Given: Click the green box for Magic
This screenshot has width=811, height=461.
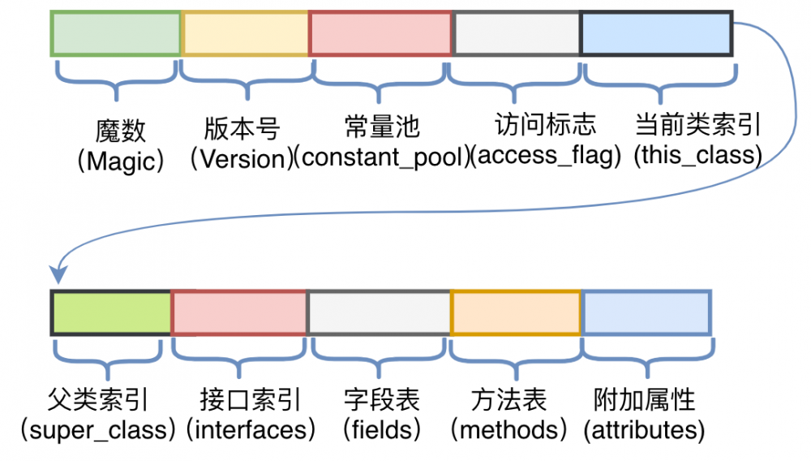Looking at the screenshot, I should pyautogui.click(x=115, y=34).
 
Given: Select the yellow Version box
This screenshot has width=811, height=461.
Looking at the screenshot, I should pyautogui.click(x=245, y=34).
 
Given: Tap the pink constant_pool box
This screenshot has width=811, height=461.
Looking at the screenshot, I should pyautogui.click(x=380, y=34).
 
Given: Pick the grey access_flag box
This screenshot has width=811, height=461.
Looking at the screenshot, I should pyautogui.click(x=516, y=34).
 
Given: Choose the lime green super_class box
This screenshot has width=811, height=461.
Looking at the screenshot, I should pyautogui.click(x=111, y=312).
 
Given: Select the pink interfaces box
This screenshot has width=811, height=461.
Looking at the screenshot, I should pyautogui.click(x=239, y=312).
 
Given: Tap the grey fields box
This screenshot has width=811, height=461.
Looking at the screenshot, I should pyautogui.click(x=379, y=312).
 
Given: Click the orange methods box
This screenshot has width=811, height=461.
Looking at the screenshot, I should pyautogui.click(x=516, y=312).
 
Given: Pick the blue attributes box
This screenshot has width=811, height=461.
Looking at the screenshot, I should pyautogui.click(x=646, y=312).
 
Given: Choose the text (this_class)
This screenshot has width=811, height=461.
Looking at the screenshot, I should pyautogui.click(x=697, y=155).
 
